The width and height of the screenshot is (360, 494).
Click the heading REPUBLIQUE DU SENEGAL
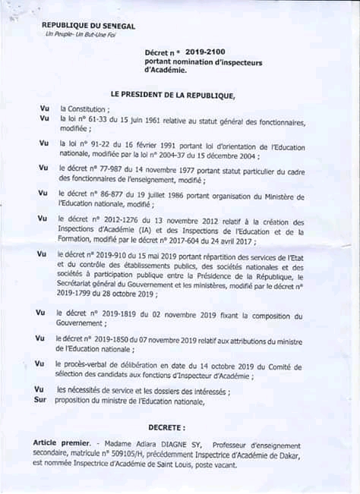tap(89, 26)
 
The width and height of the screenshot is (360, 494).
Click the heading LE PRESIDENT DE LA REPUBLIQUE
tap(173, 95)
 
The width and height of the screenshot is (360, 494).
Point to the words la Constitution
tap(84, 110)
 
